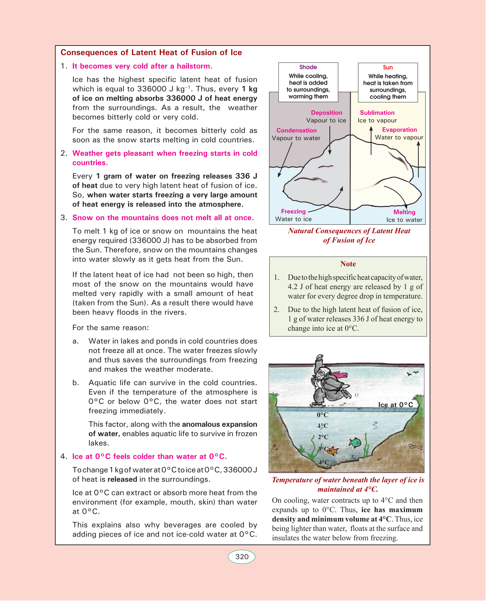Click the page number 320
pyautogui.click(x=242, y=557)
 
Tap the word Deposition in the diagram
pyautogui.click(x=326, y=113)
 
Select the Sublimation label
pyautogui.click(x=377, y=113)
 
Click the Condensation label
pyautogui.click(x=296, y=131)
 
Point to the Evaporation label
pyautogui.click(x=399, y=130)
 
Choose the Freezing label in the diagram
pyautogui.click(x=293, y=211)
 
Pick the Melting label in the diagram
pyautogui.click(x=404, y=212)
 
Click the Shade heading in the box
pyautogui.click(x=308, y=67)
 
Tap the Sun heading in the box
pyautogui.click(x=388, y=68)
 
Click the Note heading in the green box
pyautogui.click(x=348, y=264)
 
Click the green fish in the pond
pyautogui.click(x=355, y=442)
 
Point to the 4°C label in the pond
pyautogui.click(x=324, y=462)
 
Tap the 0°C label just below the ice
pyautogui.click(x=323, y=415)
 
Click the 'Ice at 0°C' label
pyautogui.click(x=395, y=405)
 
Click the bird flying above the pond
pyautogui.click(x=412, y=373)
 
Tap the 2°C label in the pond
pyautogui.click(x=323, y=437)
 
